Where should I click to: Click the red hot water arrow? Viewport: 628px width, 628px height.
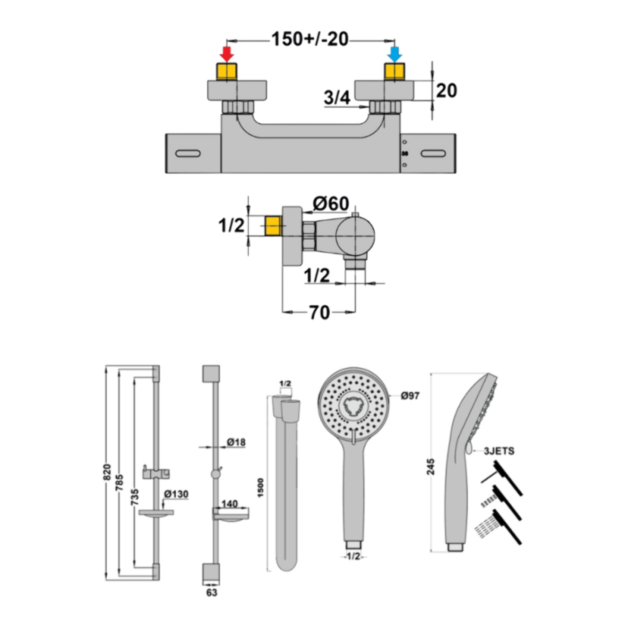tap(226, 54)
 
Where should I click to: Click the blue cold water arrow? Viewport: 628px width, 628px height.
tap(395, 54)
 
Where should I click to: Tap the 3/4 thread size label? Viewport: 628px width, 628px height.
tap(337, 97)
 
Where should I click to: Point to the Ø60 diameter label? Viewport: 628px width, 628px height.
tap(331, 204)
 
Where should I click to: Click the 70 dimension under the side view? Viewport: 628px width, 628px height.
tap(319, 312)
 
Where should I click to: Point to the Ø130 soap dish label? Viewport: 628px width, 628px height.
tap(176, 494)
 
